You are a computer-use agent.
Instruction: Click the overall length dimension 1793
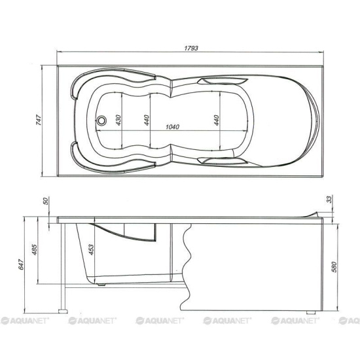(x=191, y=48)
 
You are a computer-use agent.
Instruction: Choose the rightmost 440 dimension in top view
(x=214, y=120)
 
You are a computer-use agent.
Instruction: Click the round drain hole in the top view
(x=101, y=120)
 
